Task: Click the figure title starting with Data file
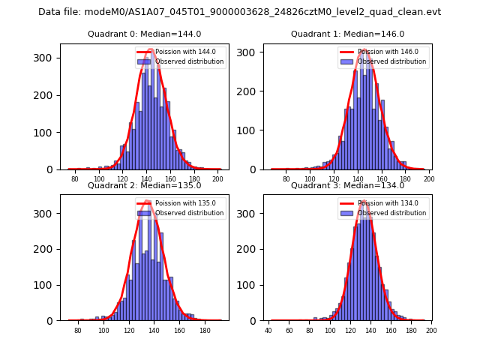[x=240, y=12]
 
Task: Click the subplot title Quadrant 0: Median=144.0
[x=145, y=34]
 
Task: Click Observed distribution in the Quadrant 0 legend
[x=189, y=61]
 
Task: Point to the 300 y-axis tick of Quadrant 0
[x=46, y=58]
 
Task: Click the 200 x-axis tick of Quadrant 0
[x=217, y=179]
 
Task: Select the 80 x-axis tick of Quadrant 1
[x=286, y=179]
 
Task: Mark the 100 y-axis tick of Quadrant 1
[x=249, y=130]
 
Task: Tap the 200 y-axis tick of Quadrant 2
[x=46, y=249]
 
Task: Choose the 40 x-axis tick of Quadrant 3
[x=268, y=330]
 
